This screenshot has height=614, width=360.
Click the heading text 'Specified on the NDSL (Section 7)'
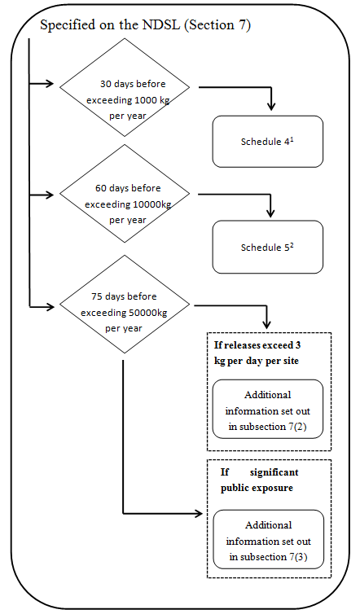coord(145,25)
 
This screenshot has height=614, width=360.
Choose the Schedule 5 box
coord(268,247)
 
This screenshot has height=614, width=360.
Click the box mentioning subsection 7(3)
coord(268,541)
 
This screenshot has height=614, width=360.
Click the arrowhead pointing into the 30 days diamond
coord(55,83)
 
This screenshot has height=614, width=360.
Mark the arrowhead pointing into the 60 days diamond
coord(55,195)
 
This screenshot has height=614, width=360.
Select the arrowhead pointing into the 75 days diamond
coord(55,307)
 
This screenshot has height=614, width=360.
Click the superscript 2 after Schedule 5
coord(292,243)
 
